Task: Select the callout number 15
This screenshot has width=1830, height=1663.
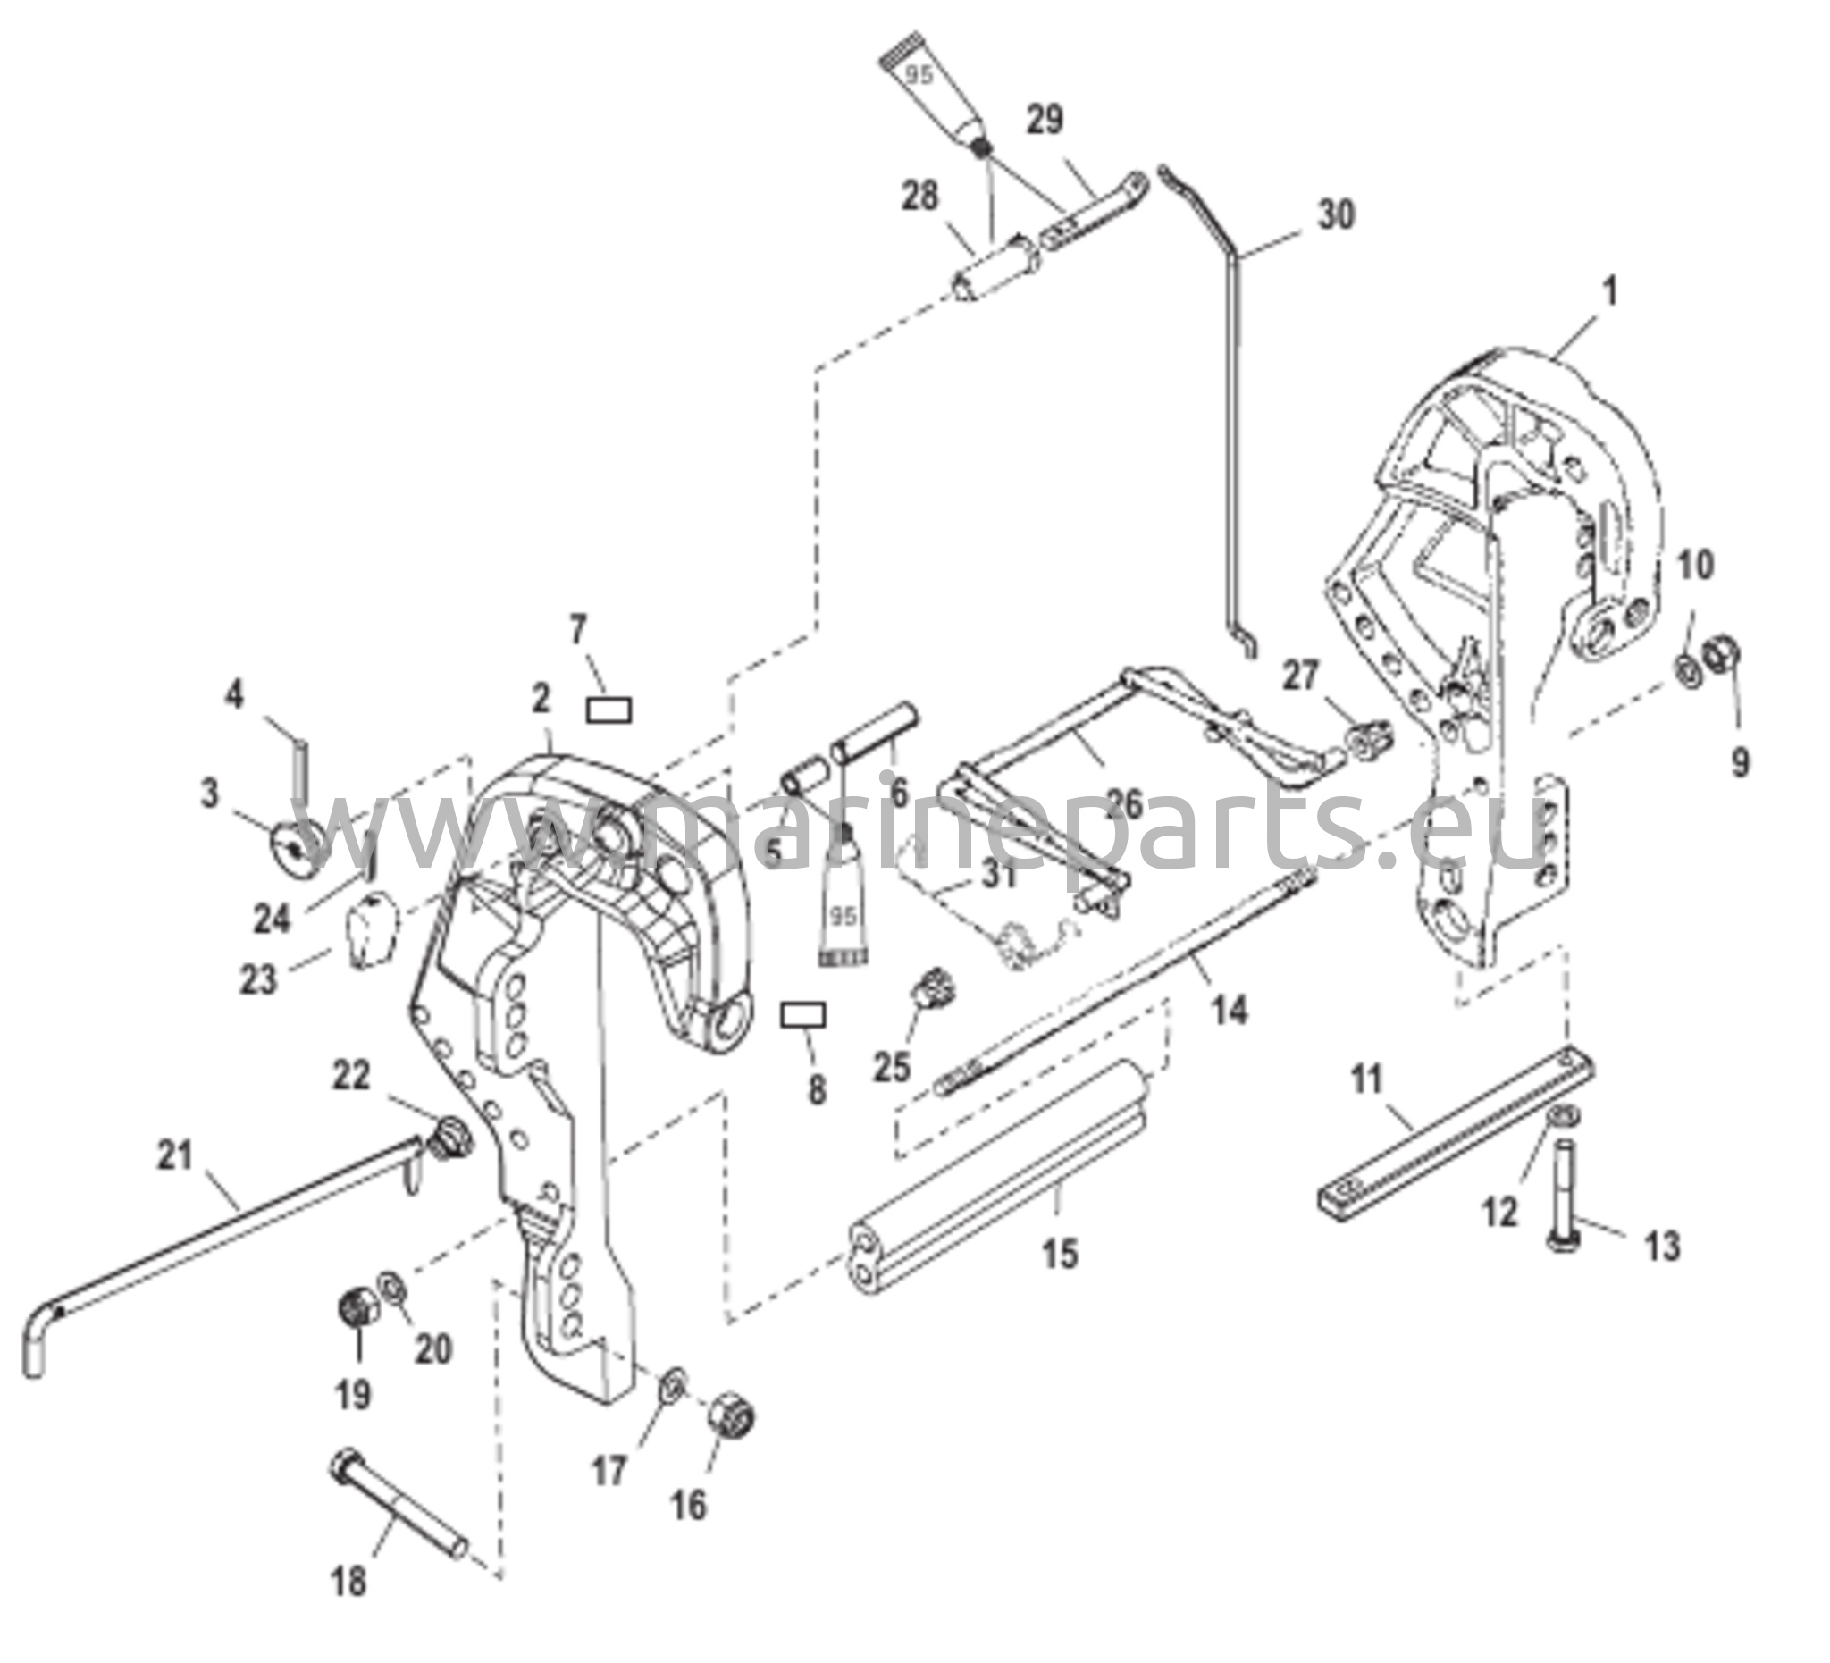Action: (x=1061, y=1254)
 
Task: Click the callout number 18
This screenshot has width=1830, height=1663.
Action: (x=348, y=1582)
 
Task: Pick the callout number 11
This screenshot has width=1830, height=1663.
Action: (x=1366, y=1080)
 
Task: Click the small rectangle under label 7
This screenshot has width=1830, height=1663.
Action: (x=609, y=710)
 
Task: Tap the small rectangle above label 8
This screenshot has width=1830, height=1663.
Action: (x=804, y=1015)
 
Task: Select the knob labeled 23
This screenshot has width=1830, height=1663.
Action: (x=369, y=929)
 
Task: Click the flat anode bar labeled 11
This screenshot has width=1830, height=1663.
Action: (x=1456, y=1130)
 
